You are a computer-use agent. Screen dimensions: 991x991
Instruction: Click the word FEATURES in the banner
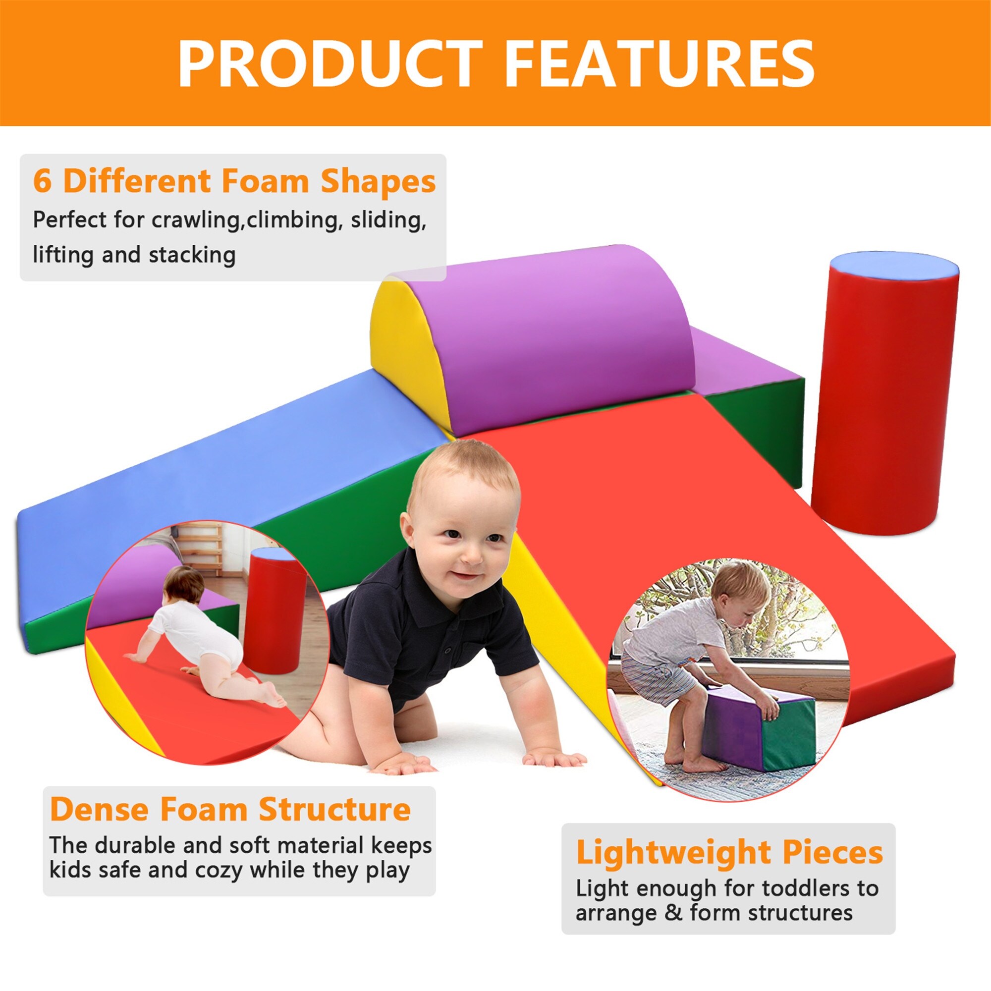click(660, 64)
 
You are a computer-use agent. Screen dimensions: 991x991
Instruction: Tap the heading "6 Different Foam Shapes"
click(234, 181)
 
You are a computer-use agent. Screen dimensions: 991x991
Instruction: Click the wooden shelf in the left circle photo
click(200, 551)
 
